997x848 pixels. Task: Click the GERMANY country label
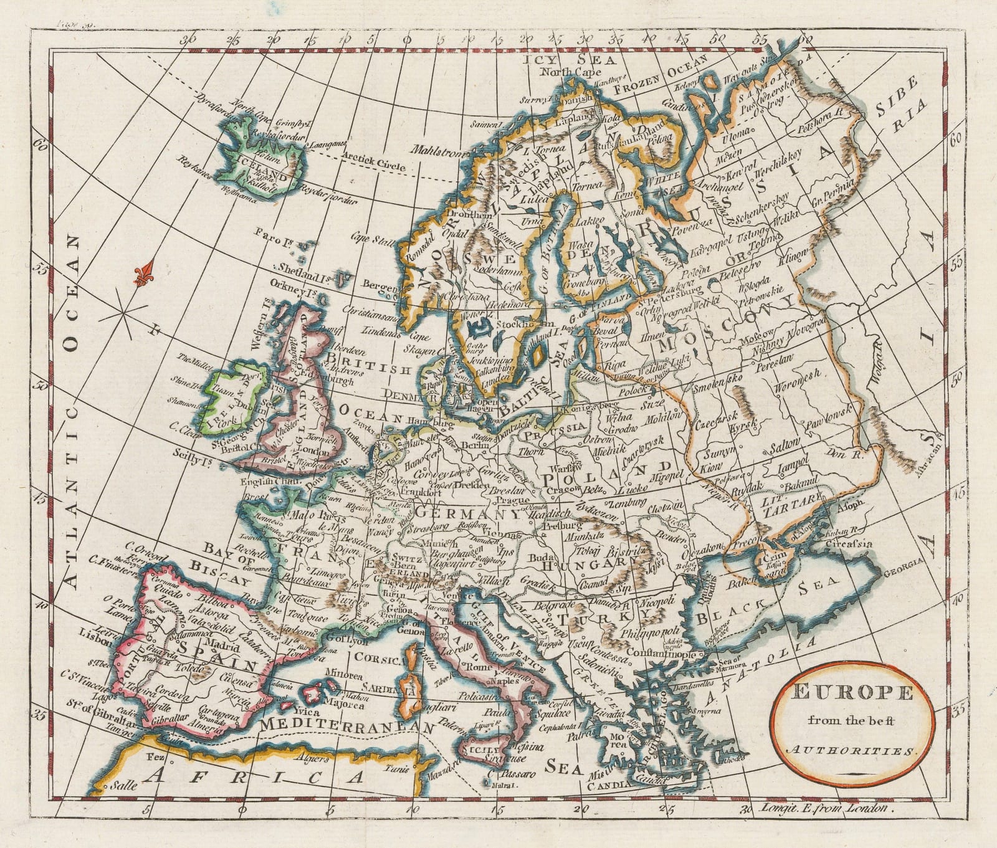[465, 514]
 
